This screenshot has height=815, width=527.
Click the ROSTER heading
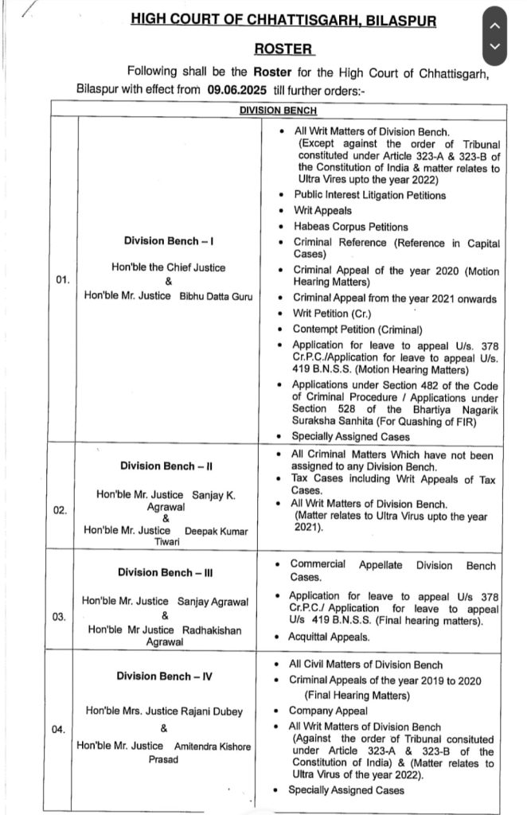[x=284, y=49]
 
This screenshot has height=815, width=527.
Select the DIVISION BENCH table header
[x=278, y=111]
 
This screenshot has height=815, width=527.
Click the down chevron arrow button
[x=495, y=47]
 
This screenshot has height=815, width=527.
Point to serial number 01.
[x=63, y=279]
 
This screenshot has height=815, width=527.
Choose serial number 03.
[x=61, y=616]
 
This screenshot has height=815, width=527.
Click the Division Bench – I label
[x=168, y=241]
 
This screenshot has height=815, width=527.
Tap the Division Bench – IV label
[x=166, y=677]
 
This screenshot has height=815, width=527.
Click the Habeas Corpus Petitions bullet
[x=350, y=227]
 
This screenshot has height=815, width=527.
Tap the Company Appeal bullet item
[x=328, y=711]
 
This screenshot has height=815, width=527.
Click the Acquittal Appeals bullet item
[x=330, y=637]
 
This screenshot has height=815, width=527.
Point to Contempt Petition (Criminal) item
[x=357, y=330]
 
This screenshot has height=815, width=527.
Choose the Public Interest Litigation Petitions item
[x=369, y=195]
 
